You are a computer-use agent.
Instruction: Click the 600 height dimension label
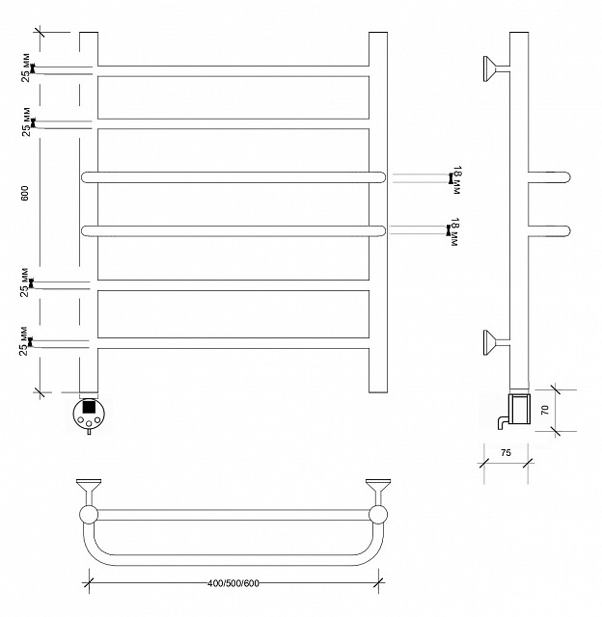coord(24,193)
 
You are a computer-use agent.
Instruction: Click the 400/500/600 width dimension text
coord(233,583)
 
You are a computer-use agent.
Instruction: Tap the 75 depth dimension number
coord(506,452)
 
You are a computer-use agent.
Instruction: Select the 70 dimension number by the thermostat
coord(544,411)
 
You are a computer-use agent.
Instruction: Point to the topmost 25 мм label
coord(26,67)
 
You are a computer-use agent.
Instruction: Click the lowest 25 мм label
coord(24,340)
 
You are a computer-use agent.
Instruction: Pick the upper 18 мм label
coord(456,180)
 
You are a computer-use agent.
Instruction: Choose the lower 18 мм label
coord(454,231)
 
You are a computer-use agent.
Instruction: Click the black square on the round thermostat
coord(89,406)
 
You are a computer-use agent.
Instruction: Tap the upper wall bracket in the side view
coord(496,68)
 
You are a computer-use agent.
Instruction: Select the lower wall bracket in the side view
coord(496,342)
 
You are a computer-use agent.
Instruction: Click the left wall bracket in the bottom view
coord(89,492)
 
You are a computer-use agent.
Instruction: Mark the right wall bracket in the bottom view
coord(378,492)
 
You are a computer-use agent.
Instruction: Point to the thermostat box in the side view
coord(519,409)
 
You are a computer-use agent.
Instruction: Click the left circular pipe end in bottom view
coord(89,515)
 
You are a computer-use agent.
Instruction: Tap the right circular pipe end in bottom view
coord(378,515)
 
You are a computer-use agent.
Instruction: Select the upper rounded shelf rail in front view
coord(233,177)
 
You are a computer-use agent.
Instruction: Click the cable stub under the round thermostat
coord(89,432)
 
